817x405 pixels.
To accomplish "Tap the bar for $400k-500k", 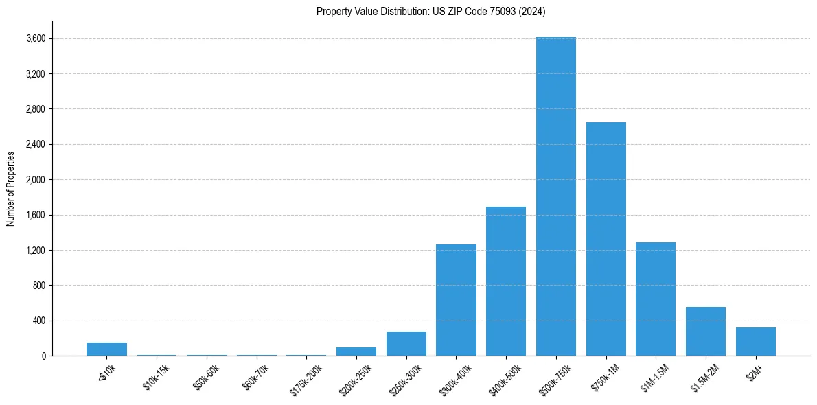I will point(506,281).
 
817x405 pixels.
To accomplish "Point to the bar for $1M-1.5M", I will point(656,299).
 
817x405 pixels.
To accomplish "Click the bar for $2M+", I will point(756,342).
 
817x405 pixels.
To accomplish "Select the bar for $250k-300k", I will point(406,344).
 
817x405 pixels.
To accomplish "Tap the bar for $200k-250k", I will point(356,351).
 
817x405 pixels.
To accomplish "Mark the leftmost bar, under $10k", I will point(106,349).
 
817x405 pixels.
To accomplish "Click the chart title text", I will point(431,11).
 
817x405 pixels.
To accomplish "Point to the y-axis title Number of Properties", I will point(11,188).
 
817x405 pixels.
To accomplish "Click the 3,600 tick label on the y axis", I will point(35,38).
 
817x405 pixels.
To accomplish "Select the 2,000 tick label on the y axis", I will point(35,180).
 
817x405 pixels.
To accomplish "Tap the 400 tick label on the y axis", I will point(38,321).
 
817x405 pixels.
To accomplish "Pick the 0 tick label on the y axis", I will point(43,356).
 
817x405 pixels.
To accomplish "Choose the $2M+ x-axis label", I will point(755,371).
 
